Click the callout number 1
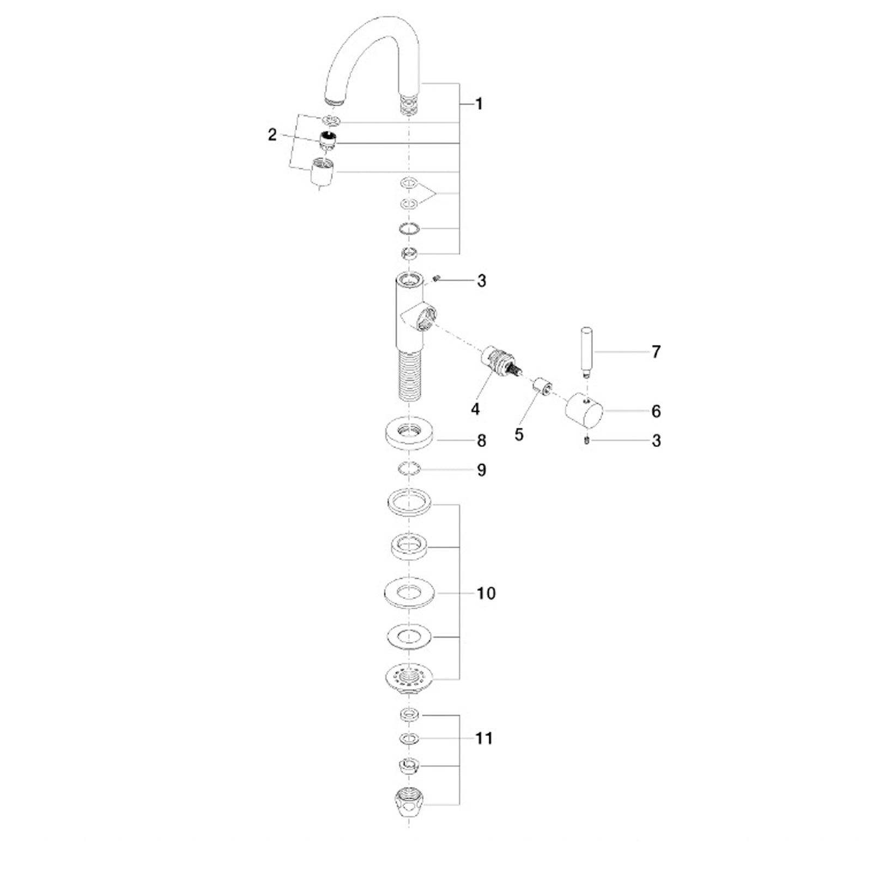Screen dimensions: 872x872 (479, 104)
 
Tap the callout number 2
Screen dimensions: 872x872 (272, 135)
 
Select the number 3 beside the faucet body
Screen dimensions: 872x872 (481, 281)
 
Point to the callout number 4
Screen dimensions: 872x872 (475, 409)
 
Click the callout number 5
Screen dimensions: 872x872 (519, 434)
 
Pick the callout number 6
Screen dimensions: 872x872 (656, 411)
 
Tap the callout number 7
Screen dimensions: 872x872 (656, 352)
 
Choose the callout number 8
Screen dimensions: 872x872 (481, 440)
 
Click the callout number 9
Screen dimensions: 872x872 (481, 470)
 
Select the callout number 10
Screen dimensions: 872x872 (486, 593)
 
